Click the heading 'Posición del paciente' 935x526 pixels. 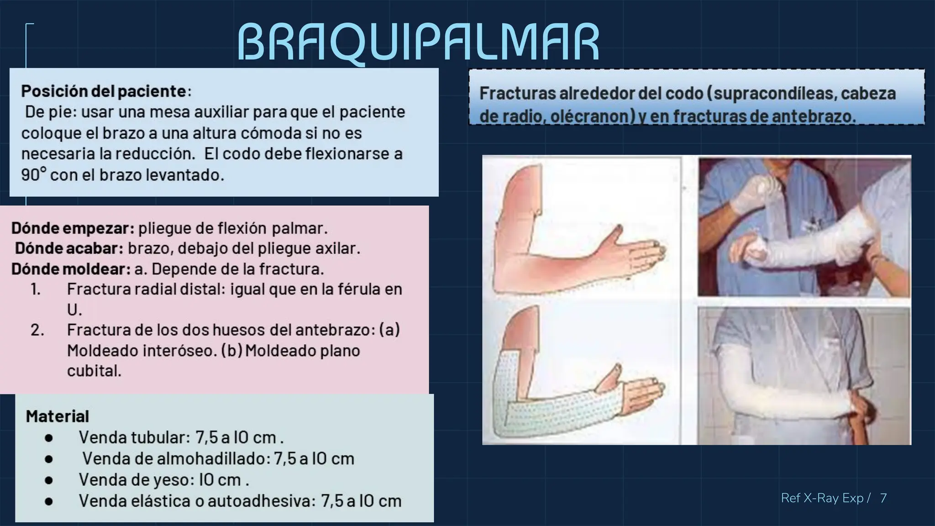[x=103, y=91]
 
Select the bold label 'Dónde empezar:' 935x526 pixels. [x=73, y=228]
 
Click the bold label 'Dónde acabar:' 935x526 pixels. [x=69, y=248]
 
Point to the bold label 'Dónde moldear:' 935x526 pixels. [x=71, y=269]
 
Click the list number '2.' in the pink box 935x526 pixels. [x=37, y=330]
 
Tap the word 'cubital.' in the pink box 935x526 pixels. [x=95, y=371]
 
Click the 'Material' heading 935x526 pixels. [x=58, y=416]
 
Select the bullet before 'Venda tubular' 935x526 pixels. [x=49, y=438]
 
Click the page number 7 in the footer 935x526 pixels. [x=883, y=498]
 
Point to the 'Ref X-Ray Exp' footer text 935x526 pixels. [x=822, y=498]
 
